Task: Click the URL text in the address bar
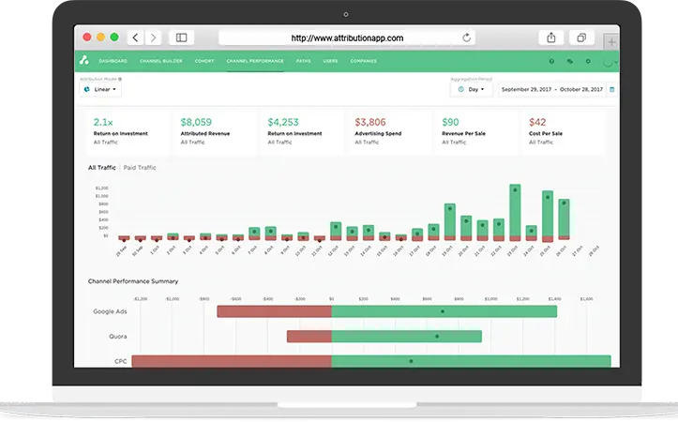coord(347,38)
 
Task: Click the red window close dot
coord(88,38)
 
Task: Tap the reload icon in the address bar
coord(466,38)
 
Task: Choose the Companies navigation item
coord(363,62)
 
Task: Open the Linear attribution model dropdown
coord(99,90)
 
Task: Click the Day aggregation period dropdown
coord(471,90)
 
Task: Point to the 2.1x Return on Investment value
coord(102,122)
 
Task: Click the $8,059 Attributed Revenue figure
coord(196,122)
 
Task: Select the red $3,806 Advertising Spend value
coord(370,122)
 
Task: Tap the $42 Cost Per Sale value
coord(537,122)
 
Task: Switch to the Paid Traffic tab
coord(140,167)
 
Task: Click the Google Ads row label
coord(110,311)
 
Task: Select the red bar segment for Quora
coord(309,336)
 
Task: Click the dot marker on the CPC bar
coord(411,361)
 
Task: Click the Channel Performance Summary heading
coord(132,281)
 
